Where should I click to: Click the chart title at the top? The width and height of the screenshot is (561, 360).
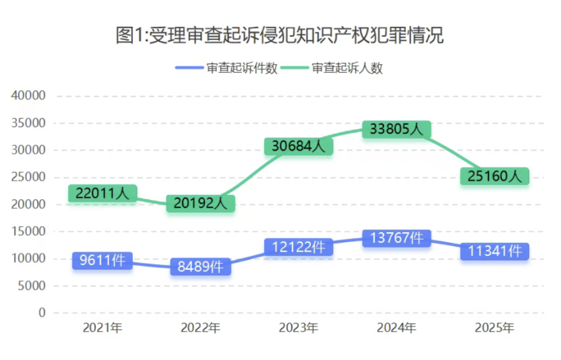(x=280, y=35)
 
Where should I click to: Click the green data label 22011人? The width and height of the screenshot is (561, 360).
(x=102, y=194)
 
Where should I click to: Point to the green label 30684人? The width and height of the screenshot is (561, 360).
(x=298, y=147)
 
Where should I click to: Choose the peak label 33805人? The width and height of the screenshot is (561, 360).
(x=396, y=130)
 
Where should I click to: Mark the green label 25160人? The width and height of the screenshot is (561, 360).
(x=494, y=177)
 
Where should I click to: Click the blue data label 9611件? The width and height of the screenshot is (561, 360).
(x=102, y=260)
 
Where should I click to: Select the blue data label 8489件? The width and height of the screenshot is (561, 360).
(x=200, y=267)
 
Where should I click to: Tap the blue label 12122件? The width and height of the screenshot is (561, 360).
(x=298, y=247)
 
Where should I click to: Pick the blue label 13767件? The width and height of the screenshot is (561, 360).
(x=396, y=238)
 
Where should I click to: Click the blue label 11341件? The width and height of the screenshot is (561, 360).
(x=494, y=251)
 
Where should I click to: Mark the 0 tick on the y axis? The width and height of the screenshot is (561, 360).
(x=42, y=313)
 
